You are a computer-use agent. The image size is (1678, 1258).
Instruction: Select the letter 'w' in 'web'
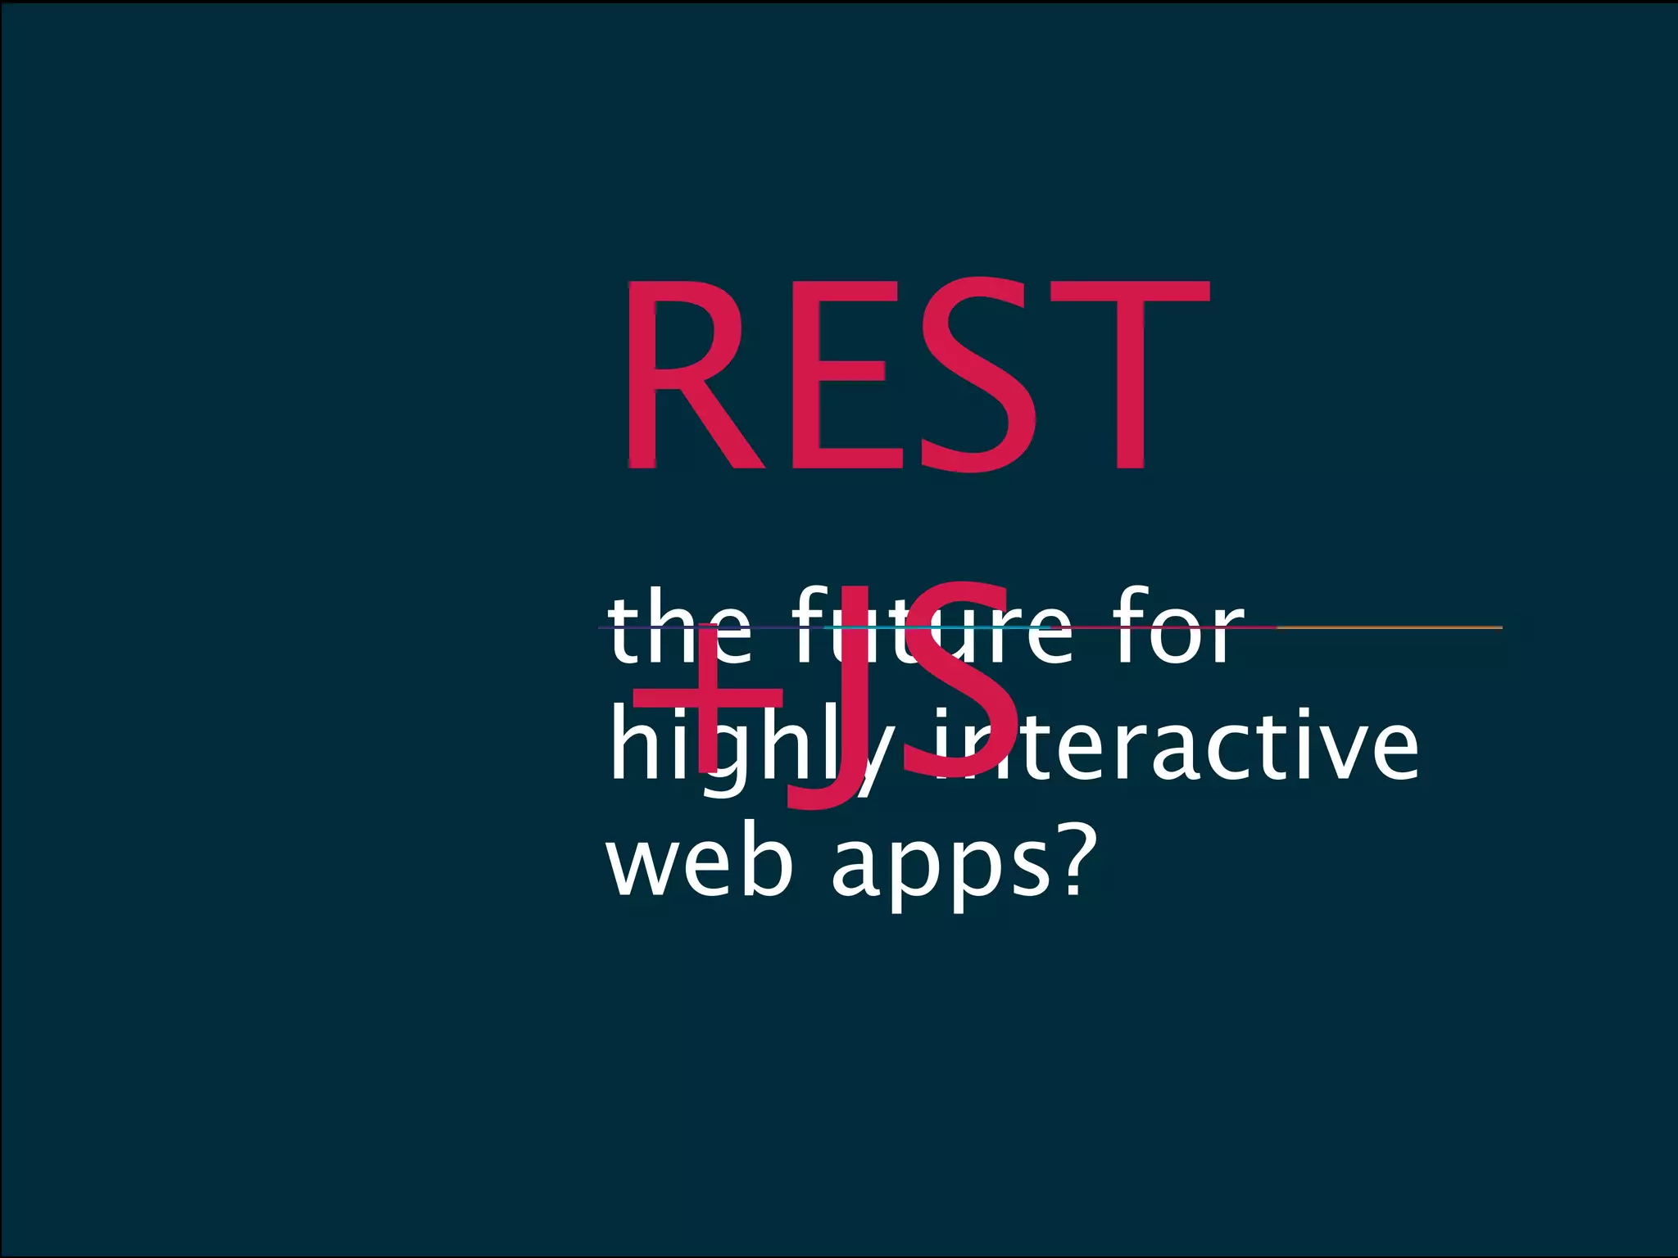tap(647, 868)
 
